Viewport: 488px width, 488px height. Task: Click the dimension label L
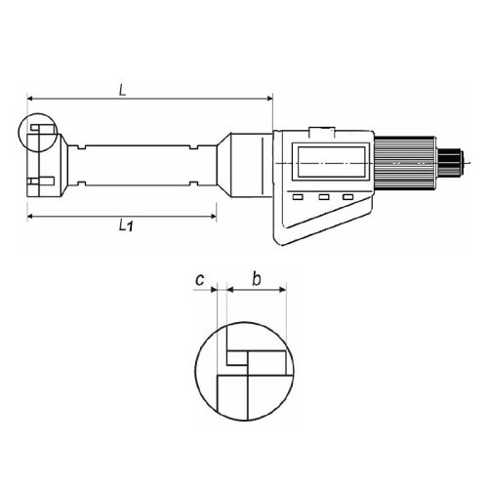click(x=122, y=90)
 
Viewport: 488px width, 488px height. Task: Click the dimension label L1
click(x=126, y=225)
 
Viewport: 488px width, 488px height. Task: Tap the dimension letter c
click(x=200, y=279)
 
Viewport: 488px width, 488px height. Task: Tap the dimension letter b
click(x=257, y=279)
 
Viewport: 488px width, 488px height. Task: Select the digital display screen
click(x=331, y=161)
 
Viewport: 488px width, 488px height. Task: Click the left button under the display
click(x=298, y=197)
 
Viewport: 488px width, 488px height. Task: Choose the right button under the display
click(x=347, y=197)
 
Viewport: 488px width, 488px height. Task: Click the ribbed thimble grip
click(x=404, y=163)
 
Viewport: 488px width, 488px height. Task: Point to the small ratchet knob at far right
click(x=450, y=163)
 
